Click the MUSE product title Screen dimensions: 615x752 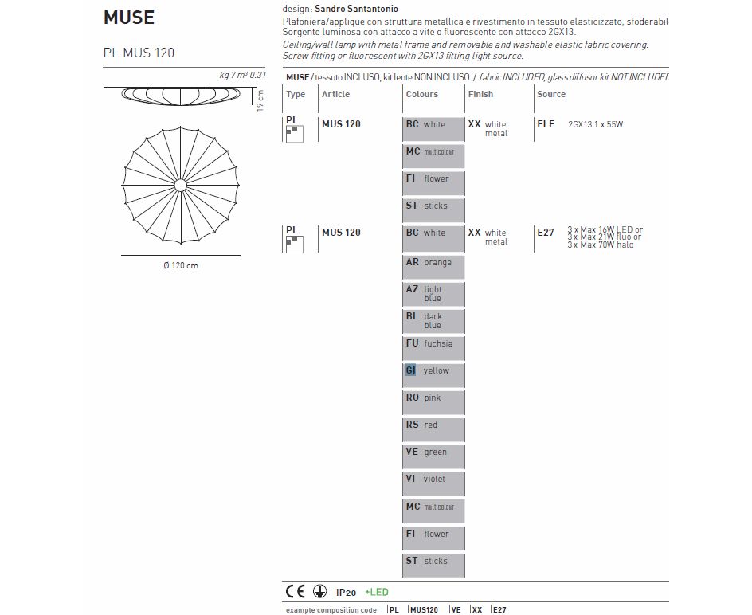(129, 17)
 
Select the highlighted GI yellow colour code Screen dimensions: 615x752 (411, 370)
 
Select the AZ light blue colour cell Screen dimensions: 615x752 (433, 293)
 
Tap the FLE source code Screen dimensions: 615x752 (546, 124)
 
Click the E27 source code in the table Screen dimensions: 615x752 (546, 233)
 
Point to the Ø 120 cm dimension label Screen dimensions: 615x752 (180, 265)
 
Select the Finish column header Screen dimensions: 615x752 (480, 94)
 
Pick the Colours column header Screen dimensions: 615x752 (421, 94)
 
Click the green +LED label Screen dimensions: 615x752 (377, 592)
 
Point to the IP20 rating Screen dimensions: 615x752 (346, 592)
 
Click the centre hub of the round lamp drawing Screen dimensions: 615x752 (180, 186)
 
